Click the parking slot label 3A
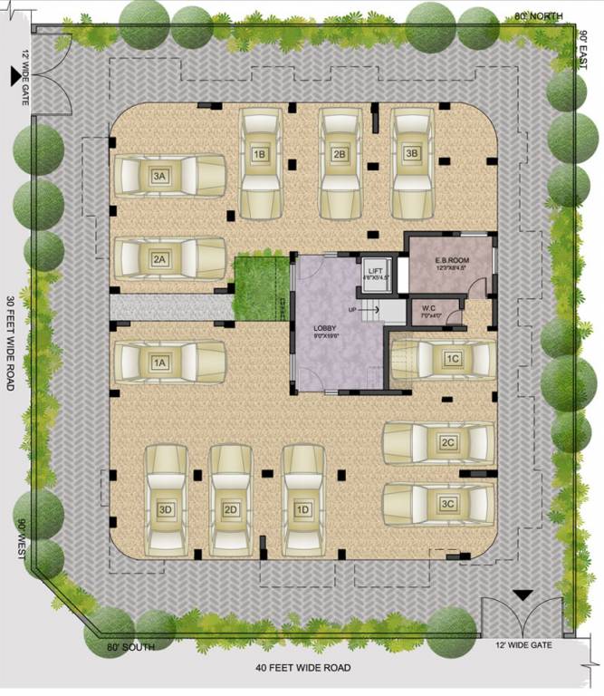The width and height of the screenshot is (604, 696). (x=160, y=176)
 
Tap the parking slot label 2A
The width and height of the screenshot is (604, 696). (x=160, y=259)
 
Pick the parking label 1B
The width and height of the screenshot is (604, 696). (x=259, y=154)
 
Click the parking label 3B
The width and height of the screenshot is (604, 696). (x=412, y=154)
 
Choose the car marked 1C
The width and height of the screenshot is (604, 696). (x=442, y=360)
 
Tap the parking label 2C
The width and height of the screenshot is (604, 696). (x=447, y=443)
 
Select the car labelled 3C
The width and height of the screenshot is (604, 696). (x=439, y=504)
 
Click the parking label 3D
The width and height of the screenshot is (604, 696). (x=166, y=510)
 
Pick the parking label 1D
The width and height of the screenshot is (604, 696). (x=303, y=510)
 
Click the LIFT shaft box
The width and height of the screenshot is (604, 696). (x=374, y=278)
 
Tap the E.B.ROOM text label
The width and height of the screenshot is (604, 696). (x=449, y=260)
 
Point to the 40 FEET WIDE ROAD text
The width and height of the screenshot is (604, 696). (x=302, y=669)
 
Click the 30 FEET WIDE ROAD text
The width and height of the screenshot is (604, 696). (x=10, y=343)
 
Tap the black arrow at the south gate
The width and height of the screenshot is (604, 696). (x=522, y=595)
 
